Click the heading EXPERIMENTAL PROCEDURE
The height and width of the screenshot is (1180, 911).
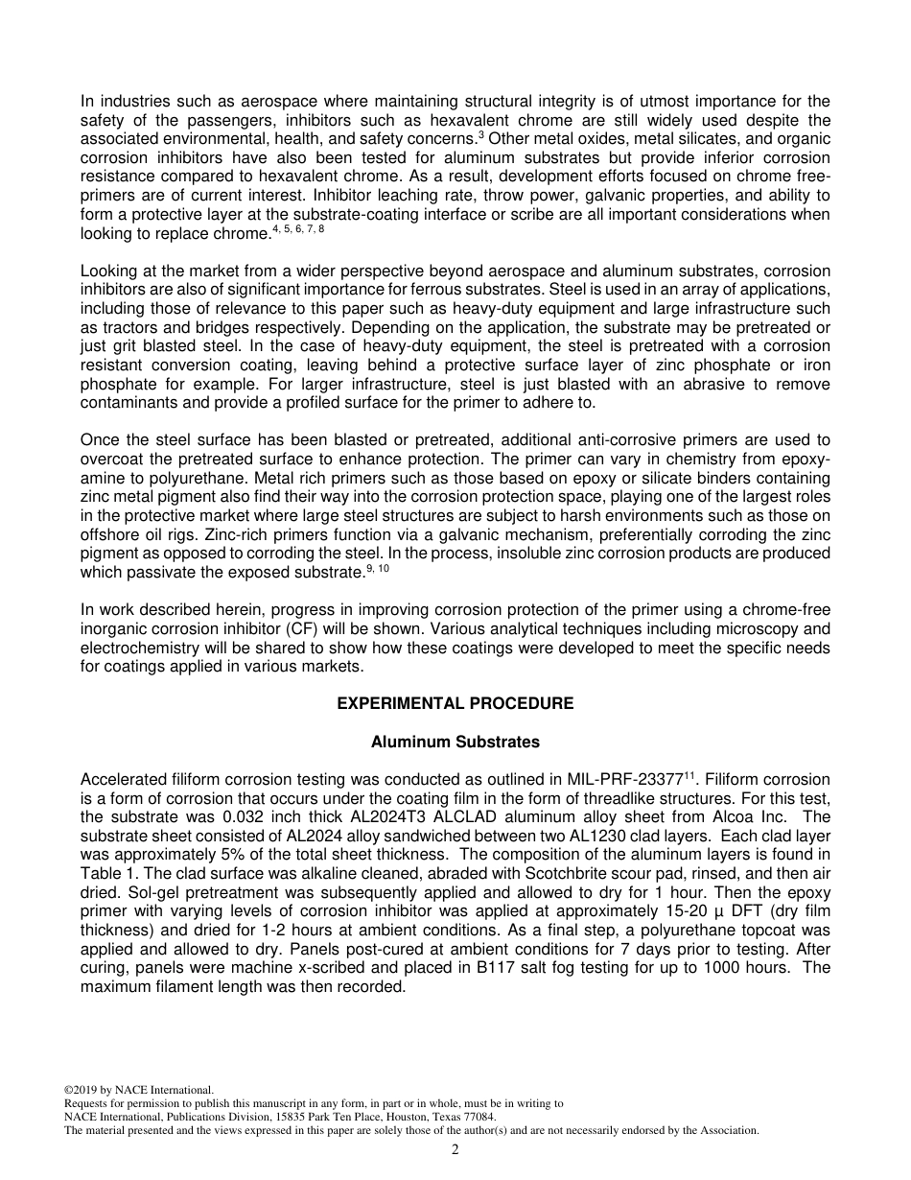pos(455,703)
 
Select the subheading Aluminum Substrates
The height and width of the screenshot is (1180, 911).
pos(455,742)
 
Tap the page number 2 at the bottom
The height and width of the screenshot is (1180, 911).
pos(455,1150)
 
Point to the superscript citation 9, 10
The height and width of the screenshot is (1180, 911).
pos(378,569)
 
